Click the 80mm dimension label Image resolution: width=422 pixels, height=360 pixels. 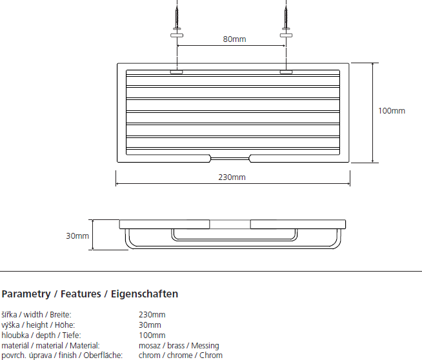(234, 40)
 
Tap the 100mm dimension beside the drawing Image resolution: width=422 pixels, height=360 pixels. (391, 111)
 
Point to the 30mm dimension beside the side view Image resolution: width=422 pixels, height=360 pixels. (77, 236)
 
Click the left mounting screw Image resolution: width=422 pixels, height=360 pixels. (176, 15)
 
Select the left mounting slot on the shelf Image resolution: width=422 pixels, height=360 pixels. (176, 72)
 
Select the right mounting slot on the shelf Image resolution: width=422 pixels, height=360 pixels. (286, 72)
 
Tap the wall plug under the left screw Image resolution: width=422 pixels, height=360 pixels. (176, 34)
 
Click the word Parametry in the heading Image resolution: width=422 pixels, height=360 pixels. (26, 294)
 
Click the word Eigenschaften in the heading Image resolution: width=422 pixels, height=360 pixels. (145, 294)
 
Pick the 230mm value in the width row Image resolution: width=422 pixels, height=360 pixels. (152, 315)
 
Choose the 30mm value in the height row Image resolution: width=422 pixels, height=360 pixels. (150, 325)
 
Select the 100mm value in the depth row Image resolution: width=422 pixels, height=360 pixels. (152, 335)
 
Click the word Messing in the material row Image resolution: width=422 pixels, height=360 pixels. (205, 346)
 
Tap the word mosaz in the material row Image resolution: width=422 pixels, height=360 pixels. (150, 346)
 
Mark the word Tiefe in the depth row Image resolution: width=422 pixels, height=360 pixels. (70, 335)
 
